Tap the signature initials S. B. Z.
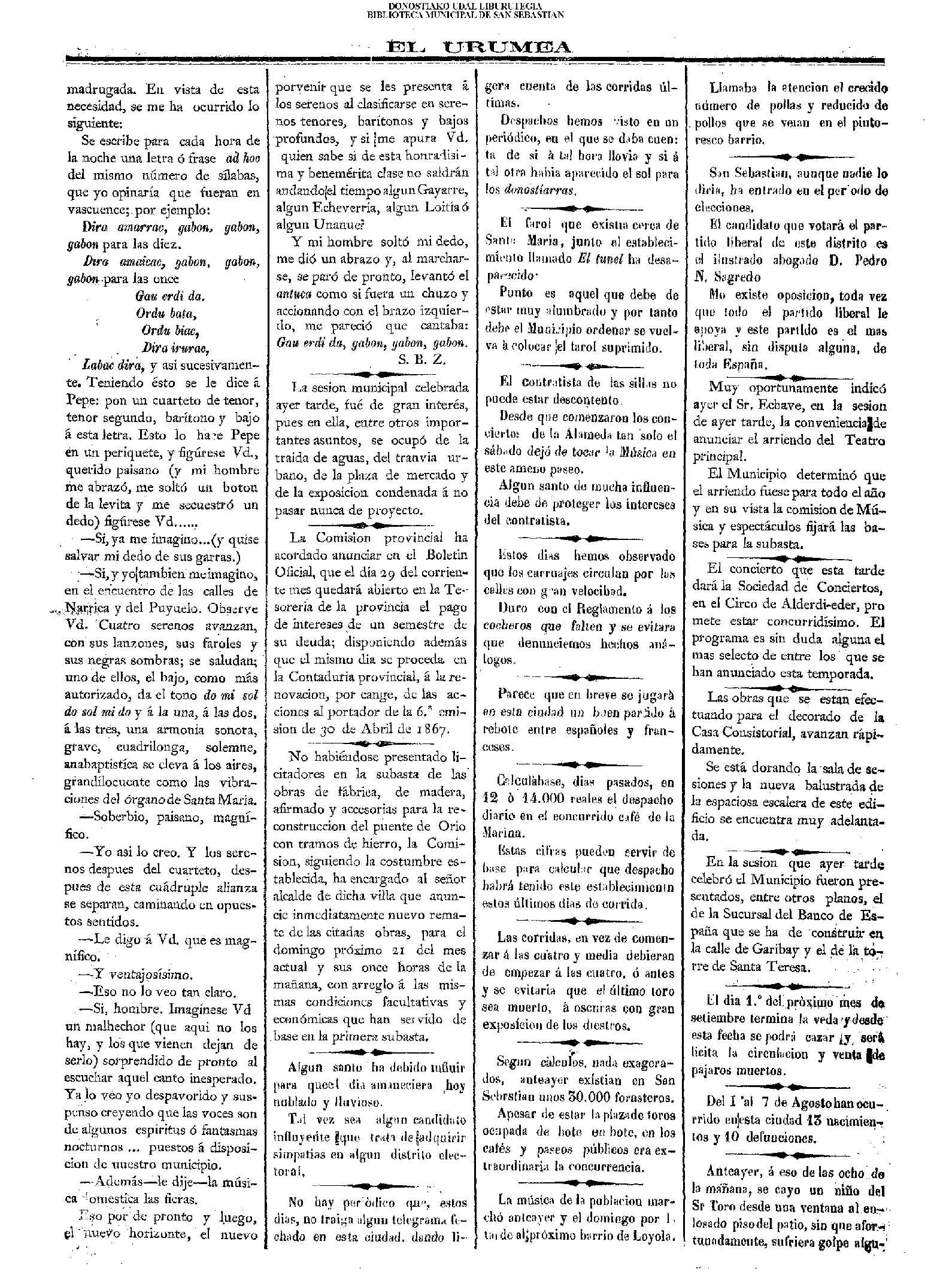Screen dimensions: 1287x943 click(422, 360)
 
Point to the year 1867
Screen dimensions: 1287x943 click(433, 729)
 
